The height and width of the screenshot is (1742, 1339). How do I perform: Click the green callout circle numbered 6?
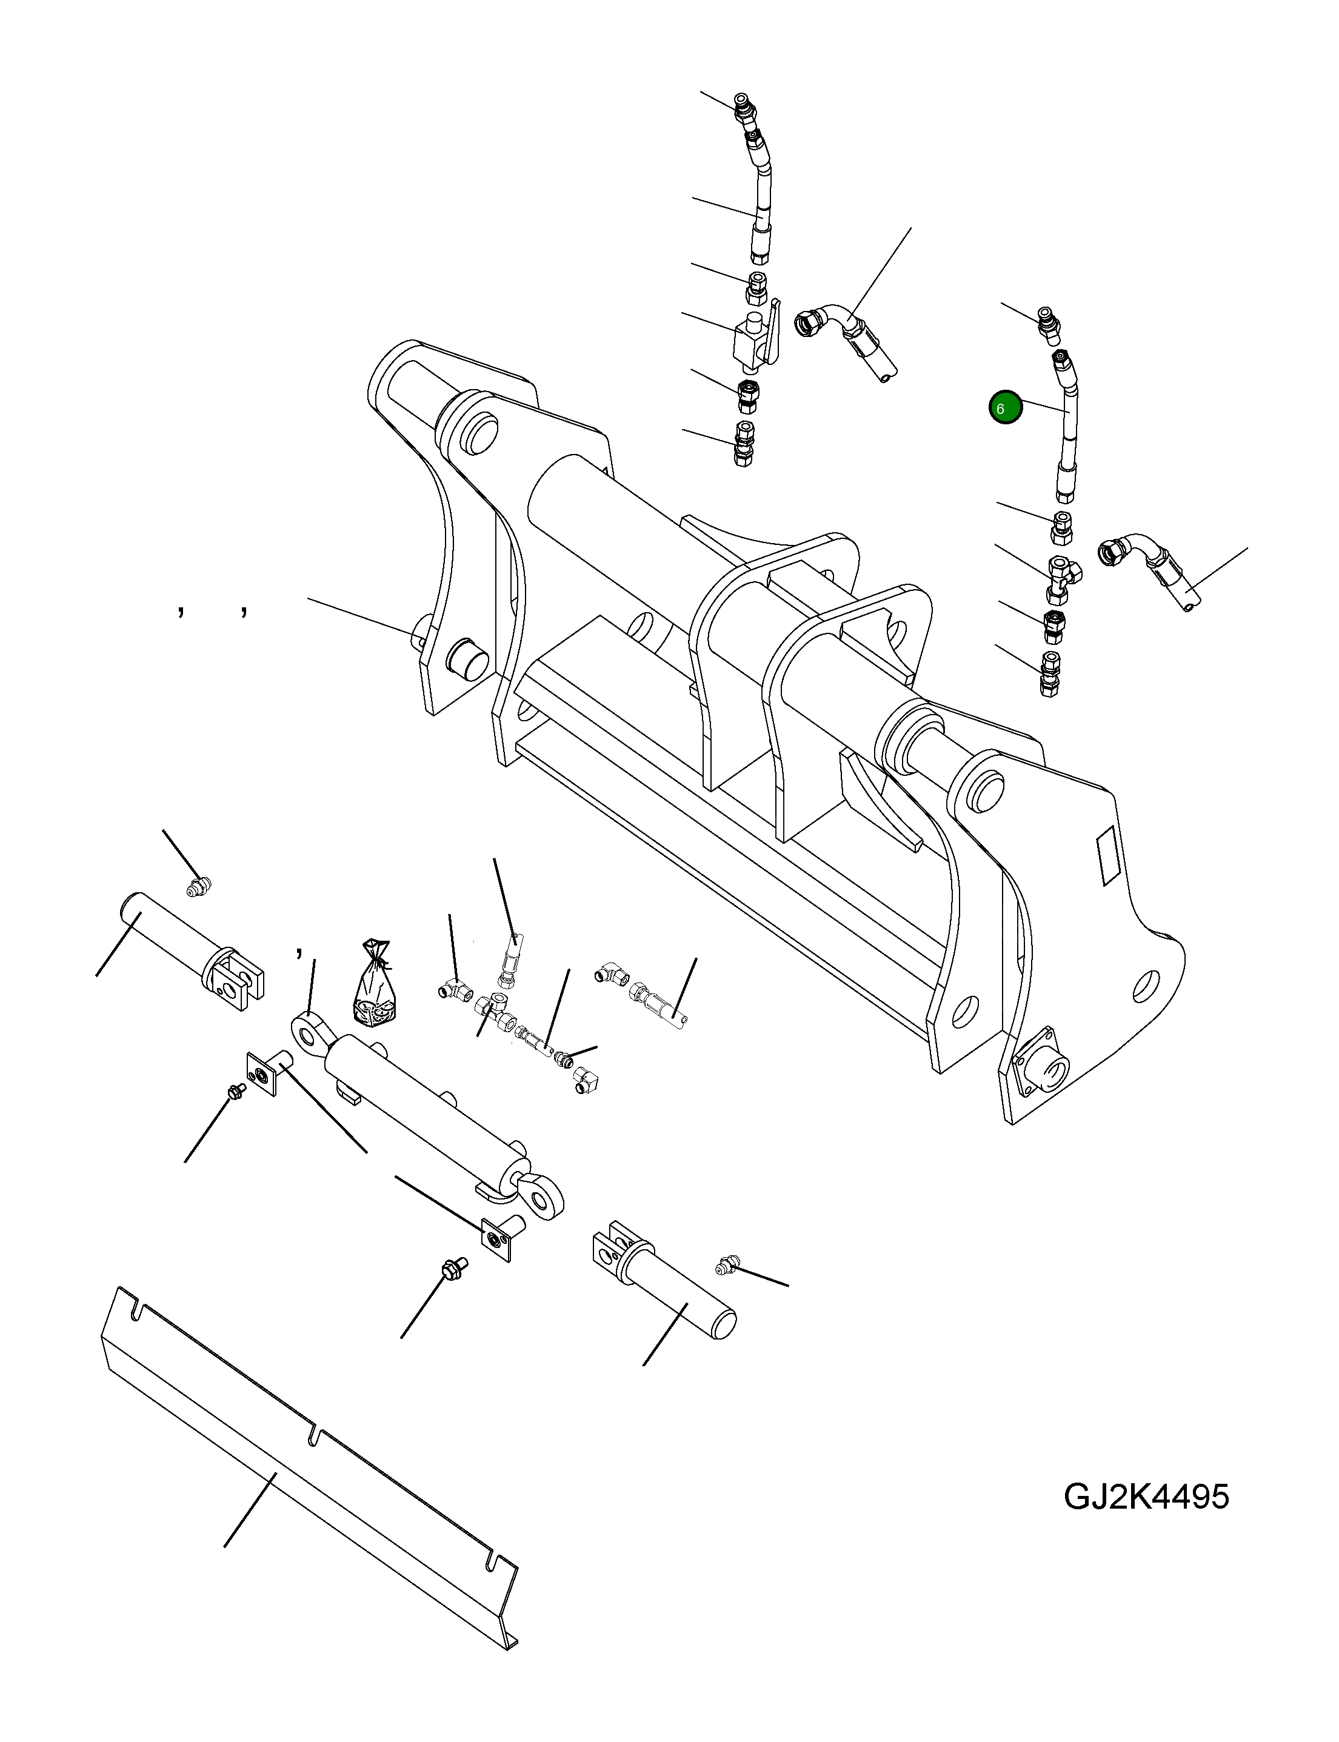pos(1005,408)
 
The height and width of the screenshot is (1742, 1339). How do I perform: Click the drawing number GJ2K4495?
pos(1146,1497)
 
